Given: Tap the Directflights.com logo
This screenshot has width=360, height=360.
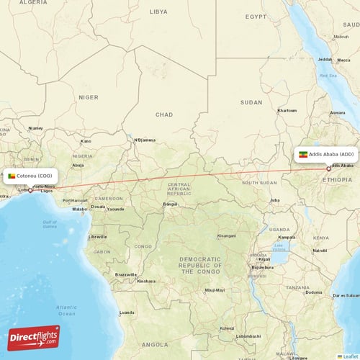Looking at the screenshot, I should click(34, 337).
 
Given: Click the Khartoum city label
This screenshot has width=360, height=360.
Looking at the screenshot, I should click(287, 110).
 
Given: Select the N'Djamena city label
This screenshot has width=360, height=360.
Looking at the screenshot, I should click(145, 140).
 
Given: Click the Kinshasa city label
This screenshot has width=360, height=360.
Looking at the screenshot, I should click(146, 281).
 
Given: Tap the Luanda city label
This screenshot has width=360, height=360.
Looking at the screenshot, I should click(127, 312).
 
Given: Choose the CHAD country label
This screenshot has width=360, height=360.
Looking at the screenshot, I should click(164, 114).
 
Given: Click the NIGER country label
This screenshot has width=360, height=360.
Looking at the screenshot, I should click(89, 96).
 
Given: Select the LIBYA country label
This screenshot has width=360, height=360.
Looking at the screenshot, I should click(158, 12).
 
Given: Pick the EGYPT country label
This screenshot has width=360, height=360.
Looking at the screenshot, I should click(255, 16).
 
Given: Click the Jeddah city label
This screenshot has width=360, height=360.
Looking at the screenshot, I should click(326, 59).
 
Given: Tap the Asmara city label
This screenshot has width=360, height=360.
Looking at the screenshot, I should click(337, 113).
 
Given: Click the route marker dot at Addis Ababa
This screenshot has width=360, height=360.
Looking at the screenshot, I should click(329, 169).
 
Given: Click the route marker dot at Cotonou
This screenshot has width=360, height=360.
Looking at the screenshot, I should click(30, 190).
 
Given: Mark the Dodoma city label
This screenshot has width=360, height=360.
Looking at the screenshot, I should click(314, 292).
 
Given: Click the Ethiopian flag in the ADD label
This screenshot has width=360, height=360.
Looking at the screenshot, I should click(303, 154).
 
